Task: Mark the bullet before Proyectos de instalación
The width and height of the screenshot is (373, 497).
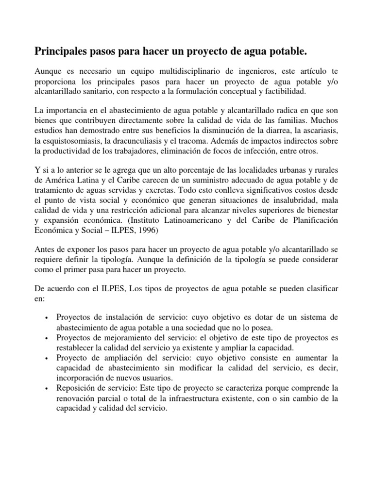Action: coord(46,317)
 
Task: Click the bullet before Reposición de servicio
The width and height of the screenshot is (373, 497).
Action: coord(46,389)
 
